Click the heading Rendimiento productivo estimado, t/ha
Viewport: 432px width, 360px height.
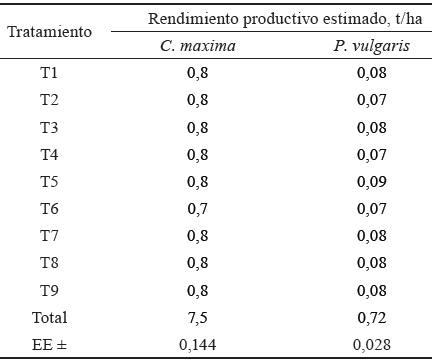[x=271, y=18]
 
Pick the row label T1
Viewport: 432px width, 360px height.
[x=50, y=72]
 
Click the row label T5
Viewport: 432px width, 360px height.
[x=50, y=182]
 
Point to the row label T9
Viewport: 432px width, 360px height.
[x=50, y=291]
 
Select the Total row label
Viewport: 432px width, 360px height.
[x=50, y=318]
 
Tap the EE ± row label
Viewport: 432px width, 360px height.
[x=50, y=345]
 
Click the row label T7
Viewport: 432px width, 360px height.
[x=50, y=236]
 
